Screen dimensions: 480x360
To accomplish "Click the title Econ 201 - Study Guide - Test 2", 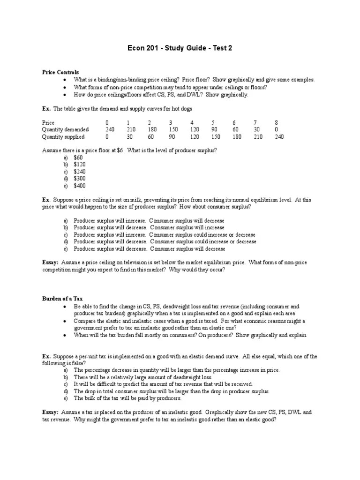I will coord(180,48).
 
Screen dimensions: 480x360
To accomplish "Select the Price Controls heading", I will coord(60,73).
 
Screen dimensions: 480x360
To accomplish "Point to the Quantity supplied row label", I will coord(63,137).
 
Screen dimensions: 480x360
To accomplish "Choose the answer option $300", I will coord(80,179).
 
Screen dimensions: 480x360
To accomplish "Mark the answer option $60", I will coord(78,158).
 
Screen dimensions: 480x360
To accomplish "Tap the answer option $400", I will coord(80,186).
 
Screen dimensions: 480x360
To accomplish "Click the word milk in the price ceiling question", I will coord(132,200).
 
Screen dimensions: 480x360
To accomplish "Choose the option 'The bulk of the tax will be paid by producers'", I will coord(127,398).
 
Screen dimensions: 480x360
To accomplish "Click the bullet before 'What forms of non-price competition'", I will coord(64,87).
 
